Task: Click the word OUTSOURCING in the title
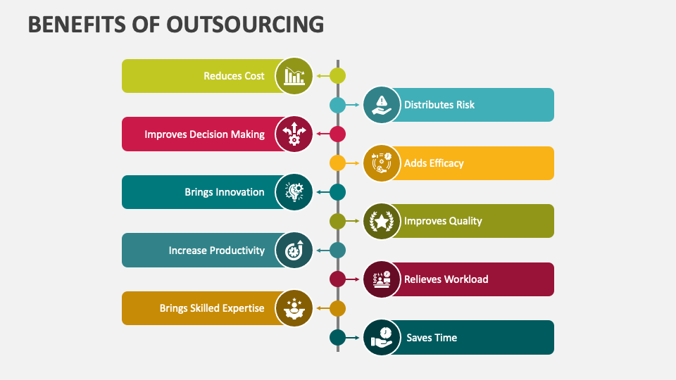click(x=244, y=24)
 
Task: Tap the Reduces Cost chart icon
click(x=294, y=75)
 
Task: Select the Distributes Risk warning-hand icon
click(x=382, y=105)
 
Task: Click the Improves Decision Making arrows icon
click(x=294, y=134)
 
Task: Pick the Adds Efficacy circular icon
click(x=382, y=163)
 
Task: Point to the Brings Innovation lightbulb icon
click(x=294, y=192)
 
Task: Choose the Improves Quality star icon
click(x=382, y=221)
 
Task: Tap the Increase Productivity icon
click(x=294, y=250)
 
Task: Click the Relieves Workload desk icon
click(x=382, y=279)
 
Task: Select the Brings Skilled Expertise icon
click(x=294, y=308)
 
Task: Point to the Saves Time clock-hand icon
click(x=382, y=337)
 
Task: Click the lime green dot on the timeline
click(x=338, y=75)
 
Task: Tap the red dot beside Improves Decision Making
click(x=338, y=134)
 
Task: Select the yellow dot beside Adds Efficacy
click(x=338, y=163)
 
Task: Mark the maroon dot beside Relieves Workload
click(x=338, y=279)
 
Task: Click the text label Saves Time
click(x=432, y=338)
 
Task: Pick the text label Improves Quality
click(x=443, y=221)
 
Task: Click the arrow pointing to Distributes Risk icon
click(x=354, y=105)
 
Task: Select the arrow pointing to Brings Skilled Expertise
click(x=322, y=308)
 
